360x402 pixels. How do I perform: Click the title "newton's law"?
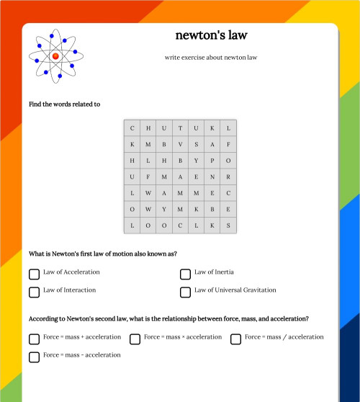(211, 35)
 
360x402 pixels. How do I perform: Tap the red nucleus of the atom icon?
(55, 55)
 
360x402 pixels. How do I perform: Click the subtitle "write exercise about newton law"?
(211, 58)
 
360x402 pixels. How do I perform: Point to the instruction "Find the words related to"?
(65, 104)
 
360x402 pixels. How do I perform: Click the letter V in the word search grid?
(180, 144)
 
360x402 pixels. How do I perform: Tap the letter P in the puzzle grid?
(212, 160)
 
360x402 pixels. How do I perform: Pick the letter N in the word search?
(212, 177)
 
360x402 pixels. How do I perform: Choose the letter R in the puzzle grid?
(228, 177)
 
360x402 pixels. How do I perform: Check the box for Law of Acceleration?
(35, 274)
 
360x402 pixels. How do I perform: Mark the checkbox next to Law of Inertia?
(186, 274)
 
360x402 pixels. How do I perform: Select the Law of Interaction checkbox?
(35, 292)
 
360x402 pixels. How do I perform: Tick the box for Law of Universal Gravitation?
(186, 292)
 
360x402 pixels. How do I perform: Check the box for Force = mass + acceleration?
(35, 339)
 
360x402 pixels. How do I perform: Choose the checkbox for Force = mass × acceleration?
(135, 339)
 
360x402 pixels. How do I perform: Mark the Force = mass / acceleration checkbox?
(236, 339)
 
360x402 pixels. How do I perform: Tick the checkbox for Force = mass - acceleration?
(35, 357)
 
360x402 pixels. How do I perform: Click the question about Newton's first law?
(103, 254)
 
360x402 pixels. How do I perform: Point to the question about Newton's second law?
(169, 318)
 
